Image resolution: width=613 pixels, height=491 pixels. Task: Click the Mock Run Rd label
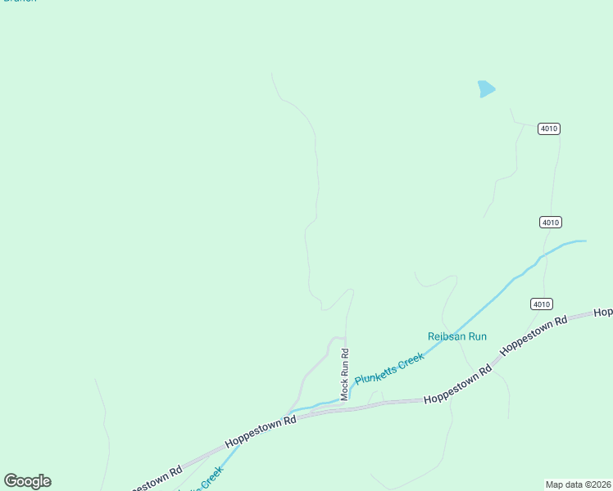(x=345, y=375)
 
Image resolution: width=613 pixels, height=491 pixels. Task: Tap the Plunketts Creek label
(x=389, y=364)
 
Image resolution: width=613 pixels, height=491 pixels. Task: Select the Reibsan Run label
(x=457, y=336)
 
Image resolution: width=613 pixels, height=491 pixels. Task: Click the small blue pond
(x=486, y=88)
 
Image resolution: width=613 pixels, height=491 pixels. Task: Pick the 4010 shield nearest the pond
(x=549, y=128)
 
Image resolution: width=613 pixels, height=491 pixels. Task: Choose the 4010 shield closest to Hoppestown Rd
(x=541, y=304)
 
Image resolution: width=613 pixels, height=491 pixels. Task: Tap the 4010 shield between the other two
(x=551, y=222)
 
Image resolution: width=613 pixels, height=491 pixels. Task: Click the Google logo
(x=27, y=481)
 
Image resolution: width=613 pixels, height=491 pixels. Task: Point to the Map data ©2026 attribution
(x=578, y=484)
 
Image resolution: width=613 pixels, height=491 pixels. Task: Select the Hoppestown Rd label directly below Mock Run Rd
(x=260, y=430)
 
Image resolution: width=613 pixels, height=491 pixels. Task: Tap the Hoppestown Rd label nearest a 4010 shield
(x=534, y=335)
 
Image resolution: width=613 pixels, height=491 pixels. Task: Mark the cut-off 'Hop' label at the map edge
(x=603, y=312)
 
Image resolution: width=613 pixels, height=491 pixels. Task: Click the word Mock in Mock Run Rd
(x=345, y=390)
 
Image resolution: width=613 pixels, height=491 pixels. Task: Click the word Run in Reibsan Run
(x=477, y=336)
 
